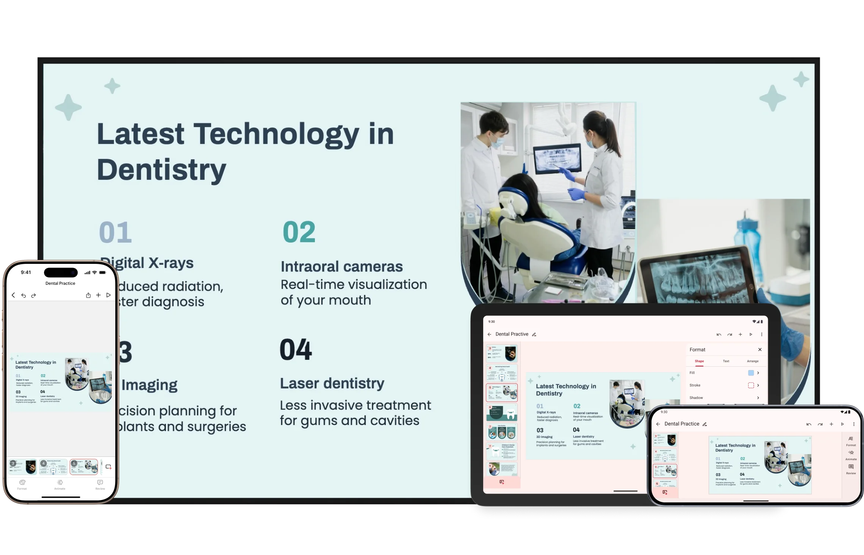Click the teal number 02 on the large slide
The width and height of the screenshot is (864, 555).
pyautogui.click(x=299, y=232)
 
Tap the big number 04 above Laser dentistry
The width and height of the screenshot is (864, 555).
pyautogui.click(x=296, y=350)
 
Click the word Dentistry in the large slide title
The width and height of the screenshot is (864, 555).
pyautogui.click(x=161, y=169)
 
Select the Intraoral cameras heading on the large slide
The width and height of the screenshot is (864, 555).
pyautogui.click(x=341, y=267)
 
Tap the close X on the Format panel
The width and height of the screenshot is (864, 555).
pyautogui.click(x=760, y=350)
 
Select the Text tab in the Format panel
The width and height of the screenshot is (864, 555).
pyautogui.click(x=726, y=361)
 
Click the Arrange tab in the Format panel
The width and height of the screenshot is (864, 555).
pyautogui.click(x=753, y=361)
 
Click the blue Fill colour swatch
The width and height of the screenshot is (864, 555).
pyautogui.click(x=751, y=373)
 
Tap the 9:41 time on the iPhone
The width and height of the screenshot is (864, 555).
pyautogui.click(x=26, y=272)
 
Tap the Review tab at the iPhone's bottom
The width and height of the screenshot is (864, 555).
pyautogui.click(x=100, y=484)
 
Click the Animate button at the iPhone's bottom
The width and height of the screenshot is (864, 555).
pyautogui.click(x=60, y=484)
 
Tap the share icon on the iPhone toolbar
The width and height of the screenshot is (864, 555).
pyautogui.click(x=88, y=295)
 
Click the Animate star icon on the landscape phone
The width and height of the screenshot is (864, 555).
pyautogui.click(x=851, y=453)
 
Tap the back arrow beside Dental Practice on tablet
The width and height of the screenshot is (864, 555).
pyautogui.click(x=489, y=334)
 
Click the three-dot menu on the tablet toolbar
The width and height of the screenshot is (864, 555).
pyautogui.click(x=762, y=334)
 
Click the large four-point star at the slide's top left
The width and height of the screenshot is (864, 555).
pyautogui.click(x=69, y=108)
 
